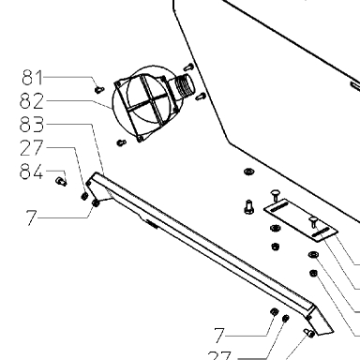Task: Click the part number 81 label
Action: (32, 78)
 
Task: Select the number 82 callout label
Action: (32, 101)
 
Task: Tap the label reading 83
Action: (32, 125)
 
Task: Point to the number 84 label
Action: (31, 172)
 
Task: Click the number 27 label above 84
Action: (31, 148)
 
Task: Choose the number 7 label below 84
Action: (31, 217)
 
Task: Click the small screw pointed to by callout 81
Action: (98, 90)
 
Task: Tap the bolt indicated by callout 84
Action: (61, 181)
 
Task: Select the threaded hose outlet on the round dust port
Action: (184, 85)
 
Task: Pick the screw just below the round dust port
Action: (121, 142)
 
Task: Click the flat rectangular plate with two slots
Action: (301, 221)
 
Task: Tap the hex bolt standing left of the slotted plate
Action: (248, 207)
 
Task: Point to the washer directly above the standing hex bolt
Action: (248, 172)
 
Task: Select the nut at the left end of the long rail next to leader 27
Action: (84, 196)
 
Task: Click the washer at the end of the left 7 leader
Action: (96, 203)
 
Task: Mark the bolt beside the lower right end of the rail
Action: (309, 333)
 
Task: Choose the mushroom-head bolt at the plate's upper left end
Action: (276, 195)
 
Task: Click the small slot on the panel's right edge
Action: (355, 86)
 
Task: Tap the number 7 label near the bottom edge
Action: (219, 336)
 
